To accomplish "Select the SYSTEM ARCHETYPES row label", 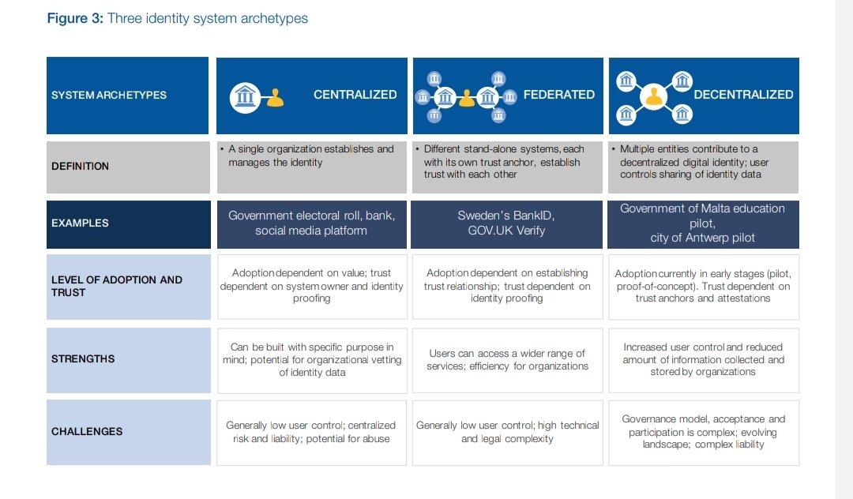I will pos(109,95).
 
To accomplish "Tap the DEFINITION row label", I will pos(80,167).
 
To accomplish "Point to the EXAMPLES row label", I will pos(80,223).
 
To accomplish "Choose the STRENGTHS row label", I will pos(83,359).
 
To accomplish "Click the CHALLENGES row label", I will pos(87,432).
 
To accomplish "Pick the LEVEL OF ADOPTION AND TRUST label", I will pos(117,286).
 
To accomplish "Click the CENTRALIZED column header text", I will pos(355,95).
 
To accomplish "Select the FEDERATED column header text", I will pos(558,95).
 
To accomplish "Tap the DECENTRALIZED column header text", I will pos(742,95).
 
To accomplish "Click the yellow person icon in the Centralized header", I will pos(275,97).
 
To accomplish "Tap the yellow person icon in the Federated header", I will pos(467,98).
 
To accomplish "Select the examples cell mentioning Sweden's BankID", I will pos(507,223).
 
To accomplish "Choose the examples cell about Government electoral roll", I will pos(311,223).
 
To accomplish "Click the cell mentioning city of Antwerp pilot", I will pos(703,223).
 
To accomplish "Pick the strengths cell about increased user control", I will pos(703,359).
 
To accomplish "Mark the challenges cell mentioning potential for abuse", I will pos(311,432).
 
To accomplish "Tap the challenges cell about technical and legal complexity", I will pos(507,432).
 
